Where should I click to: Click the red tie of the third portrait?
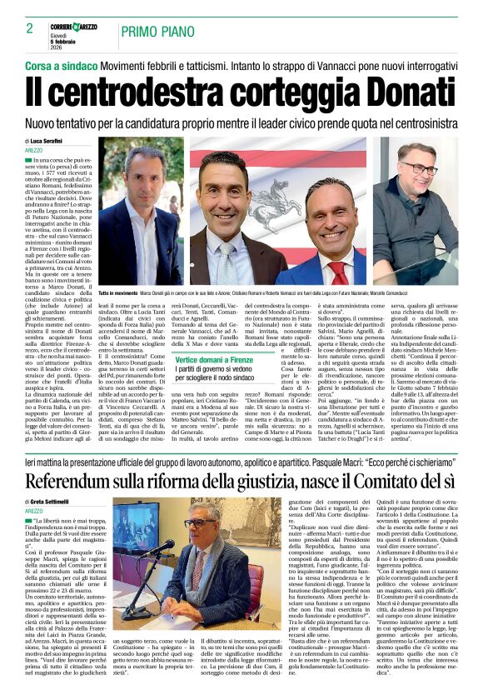point(339,272)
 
